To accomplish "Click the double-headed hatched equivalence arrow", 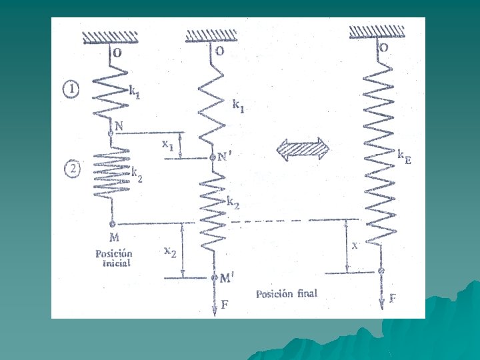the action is [304, 150].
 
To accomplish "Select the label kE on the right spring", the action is [403, 156].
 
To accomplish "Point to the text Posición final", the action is [287, 293].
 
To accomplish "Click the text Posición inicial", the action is [114, 258].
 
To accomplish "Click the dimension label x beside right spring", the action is [355, 245].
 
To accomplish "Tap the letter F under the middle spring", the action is [225, 305].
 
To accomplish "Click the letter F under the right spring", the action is [393, 298].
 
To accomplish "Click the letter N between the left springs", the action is [119, 125].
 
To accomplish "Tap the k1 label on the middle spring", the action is [237, 105].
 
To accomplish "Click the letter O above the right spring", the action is [384, 47].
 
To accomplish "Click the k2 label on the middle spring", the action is [233, 201].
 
